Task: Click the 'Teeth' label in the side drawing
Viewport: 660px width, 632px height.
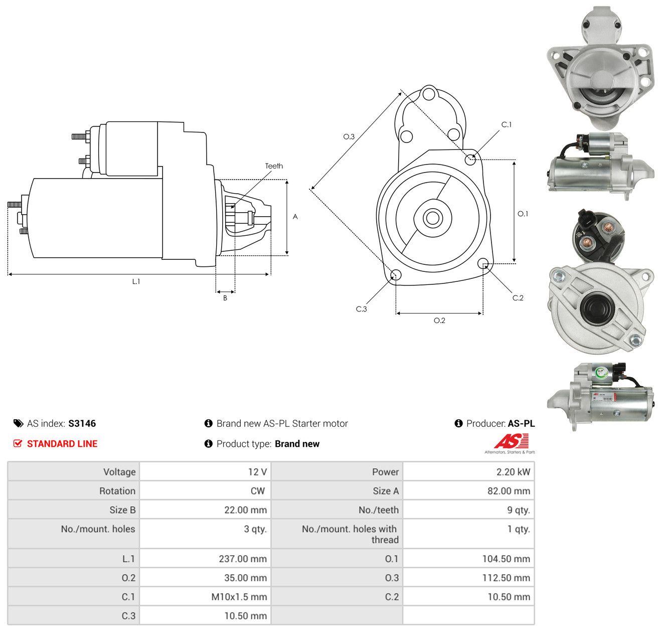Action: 274,166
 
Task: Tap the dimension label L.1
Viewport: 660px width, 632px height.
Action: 136,281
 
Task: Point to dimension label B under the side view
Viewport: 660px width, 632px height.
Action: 225,298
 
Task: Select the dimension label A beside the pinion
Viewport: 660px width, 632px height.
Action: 295,216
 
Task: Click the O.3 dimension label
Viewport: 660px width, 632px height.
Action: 349,136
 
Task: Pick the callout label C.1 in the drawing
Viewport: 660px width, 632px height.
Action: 507,124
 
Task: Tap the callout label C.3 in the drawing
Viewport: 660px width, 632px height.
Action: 361,308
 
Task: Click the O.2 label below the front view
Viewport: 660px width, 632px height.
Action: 439,320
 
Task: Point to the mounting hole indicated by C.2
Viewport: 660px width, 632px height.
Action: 483,263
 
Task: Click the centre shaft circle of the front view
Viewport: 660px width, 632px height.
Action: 432,218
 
